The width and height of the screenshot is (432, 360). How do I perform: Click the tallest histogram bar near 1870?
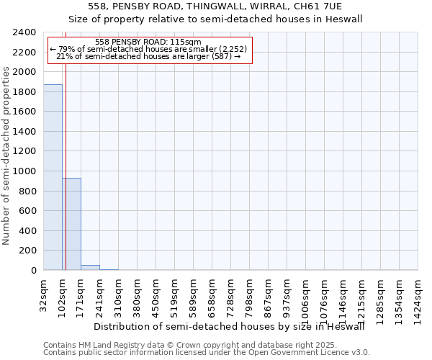pyautogui.click(x=53, y=177)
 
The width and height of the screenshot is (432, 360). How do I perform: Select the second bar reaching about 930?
pyautogui.click(x=71, y=224)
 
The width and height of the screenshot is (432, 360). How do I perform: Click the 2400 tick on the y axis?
pyautogui.click(x=24, y=32)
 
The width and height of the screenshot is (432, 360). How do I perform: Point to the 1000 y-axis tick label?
pyautogui.click(x=24, y=171)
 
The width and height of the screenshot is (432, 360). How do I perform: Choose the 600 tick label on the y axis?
pyautogui.click(x=27, y=211)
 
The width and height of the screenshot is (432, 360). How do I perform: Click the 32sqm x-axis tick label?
pyautogui.click(x=43, y=294)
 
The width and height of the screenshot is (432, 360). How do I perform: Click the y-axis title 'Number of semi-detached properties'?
pyautogui.click(x=6, y=156)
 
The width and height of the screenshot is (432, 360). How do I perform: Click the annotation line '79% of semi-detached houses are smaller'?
pyautogui.click(x=148, y=49)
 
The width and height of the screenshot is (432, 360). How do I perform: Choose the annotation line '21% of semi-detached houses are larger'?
pyautogui.click(x=148, y=56)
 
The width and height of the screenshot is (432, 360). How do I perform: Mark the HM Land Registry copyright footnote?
pyautogui.click(x=201, y=345)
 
